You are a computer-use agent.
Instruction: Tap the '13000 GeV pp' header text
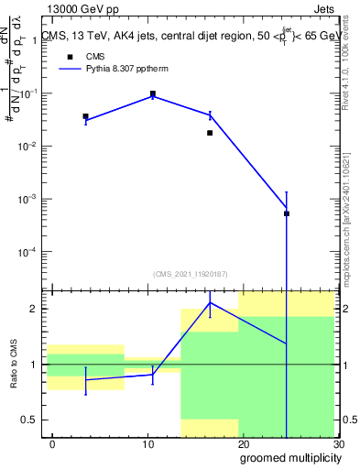click(x=74, y=9)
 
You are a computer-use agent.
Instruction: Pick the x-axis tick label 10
click(x=148, y=444)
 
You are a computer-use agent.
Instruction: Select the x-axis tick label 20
click(x=244, y=444)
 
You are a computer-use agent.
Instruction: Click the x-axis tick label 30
click(x=337, y=444)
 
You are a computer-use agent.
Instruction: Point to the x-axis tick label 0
click(x=53, y=444)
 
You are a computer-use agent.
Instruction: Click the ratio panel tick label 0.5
click(x=30, y=420)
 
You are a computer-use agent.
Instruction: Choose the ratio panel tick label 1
click(x=36, y=365)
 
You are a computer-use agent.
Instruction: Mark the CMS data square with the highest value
click(x=153, y=93)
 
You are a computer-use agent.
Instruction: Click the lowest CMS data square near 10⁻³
click(x=287, y=213)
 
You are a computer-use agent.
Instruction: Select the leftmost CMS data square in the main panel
click(x=85, y=116)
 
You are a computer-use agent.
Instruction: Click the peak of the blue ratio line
click(x=211, y=302)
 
